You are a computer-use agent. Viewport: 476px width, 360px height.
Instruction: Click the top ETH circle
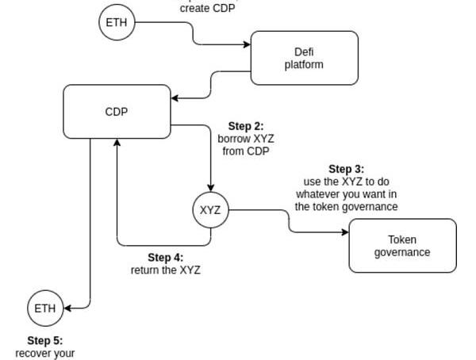point(117,22)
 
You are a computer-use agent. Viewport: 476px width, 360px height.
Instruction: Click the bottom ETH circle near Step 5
point(45,308)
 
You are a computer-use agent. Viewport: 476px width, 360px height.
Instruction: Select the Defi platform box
point(304,58)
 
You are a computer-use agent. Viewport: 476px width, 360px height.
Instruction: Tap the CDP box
point(117,112)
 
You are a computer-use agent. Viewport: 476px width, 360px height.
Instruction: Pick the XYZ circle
point(210,210)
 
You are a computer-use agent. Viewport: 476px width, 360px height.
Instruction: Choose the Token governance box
point(402,246)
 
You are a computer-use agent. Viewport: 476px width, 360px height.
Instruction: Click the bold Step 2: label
point(245,126)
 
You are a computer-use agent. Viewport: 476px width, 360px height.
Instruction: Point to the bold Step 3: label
point(346,169)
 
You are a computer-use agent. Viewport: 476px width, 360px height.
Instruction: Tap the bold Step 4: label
point(165,258)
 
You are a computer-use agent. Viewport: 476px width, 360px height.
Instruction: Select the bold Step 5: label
point(44,341)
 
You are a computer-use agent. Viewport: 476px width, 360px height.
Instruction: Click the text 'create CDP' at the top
point(206,9)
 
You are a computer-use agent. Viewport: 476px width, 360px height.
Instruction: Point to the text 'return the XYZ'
point(165,270)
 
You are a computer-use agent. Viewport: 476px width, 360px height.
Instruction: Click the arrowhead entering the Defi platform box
point(247,44)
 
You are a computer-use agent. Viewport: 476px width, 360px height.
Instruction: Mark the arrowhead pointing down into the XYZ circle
point(210,189)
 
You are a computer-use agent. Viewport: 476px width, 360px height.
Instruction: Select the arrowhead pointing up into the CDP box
point(117,144)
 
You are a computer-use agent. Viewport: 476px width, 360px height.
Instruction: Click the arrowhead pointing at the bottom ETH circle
point(67,308)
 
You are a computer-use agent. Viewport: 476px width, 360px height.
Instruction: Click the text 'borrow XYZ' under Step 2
point(245,139)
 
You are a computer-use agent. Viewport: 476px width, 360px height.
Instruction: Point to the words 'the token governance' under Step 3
point(346,207)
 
